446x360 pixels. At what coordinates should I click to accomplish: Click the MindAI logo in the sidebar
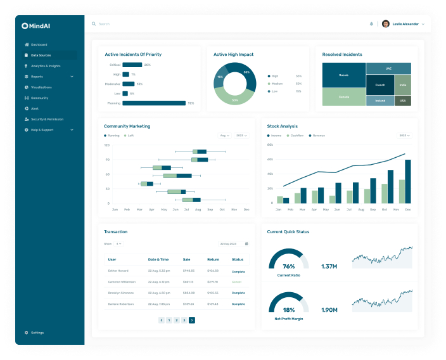pos(36,26)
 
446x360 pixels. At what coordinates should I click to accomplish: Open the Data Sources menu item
pos(41,55)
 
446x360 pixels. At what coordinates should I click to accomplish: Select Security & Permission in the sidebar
pos(47,119)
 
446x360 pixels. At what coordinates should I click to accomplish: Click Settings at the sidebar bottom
pos(37,333)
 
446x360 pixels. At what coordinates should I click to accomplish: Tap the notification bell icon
pos(371,24)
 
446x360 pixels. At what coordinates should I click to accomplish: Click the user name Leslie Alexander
pos(405,24)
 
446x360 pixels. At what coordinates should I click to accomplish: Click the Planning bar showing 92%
pos(154,103)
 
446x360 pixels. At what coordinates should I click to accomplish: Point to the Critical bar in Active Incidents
pos(132,65)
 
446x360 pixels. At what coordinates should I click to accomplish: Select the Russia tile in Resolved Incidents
pos(343,75)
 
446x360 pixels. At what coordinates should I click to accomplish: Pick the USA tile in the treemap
pos(403,101)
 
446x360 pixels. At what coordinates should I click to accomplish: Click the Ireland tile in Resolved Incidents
pos(380,101)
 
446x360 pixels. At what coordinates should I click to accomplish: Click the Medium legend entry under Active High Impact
pos(276,83)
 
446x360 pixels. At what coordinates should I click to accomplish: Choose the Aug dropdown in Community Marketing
pos(225,136)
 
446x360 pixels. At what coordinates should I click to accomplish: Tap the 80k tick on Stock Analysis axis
pos(270,145)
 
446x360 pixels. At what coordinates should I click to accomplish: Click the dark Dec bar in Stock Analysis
pos(408,181)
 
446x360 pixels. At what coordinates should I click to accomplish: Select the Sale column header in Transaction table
pos(186,259)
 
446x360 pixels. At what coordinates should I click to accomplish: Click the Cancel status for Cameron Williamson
pos(237,282)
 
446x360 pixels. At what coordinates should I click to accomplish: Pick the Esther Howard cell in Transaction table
pos(118,271)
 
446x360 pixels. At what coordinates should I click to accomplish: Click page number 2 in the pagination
pos(176,320)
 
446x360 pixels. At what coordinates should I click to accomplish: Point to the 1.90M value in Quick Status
pos(329,310)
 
